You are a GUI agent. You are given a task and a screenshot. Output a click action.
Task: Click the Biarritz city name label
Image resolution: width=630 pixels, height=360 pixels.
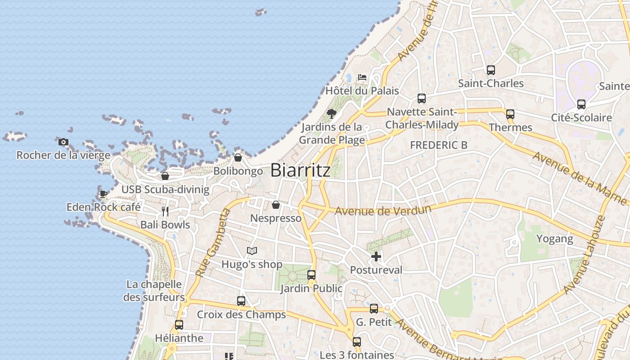point(300,170)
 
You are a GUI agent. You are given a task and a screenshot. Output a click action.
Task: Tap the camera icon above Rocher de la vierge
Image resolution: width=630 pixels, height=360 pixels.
point(63,142)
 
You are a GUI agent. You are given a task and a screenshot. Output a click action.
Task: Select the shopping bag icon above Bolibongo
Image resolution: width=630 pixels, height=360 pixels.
point(238,158)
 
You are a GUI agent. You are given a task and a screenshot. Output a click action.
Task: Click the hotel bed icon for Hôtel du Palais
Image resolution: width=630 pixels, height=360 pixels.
point(362,77)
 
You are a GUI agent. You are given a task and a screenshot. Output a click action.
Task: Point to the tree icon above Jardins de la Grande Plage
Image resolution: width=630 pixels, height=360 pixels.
point(332,113)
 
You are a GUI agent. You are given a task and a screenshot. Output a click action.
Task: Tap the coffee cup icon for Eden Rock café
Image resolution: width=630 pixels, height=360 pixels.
point(103,194)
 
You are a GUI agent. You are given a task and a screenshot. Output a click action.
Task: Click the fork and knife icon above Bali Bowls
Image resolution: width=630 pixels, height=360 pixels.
point(165,211)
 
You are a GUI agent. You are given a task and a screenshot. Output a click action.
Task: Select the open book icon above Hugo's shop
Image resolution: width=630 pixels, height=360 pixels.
point(252,251)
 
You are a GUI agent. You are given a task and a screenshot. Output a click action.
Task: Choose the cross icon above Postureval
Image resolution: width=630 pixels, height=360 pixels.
point(376,257)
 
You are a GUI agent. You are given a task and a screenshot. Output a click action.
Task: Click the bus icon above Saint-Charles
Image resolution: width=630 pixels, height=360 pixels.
point(491,70)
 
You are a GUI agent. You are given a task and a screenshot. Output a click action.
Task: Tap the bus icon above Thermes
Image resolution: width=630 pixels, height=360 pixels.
point(510,114)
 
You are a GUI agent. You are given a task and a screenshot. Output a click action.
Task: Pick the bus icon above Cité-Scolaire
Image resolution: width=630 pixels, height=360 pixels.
point(581,104)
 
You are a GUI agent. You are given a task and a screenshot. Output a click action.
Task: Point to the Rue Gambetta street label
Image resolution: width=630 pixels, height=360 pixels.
point(213,243)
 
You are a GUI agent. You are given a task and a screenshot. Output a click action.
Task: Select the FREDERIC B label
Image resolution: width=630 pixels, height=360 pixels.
point(439,145)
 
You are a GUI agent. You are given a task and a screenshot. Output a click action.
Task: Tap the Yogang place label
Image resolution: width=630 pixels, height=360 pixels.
point(554,238)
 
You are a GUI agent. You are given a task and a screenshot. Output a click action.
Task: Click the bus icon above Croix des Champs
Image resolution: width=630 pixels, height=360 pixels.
point(241,301)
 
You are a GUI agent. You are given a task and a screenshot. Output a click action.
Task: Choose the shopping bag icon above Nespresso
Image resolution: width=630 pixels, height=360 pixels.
point(276,205)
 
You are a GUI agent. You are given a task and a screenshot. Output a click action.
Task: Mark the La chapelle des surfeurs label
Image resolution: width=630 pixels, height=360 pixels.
point(154,291)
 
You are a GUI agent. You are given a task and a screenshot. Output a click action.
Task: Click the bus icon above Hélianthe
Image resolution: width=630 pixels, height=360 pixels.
point(179,325)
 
